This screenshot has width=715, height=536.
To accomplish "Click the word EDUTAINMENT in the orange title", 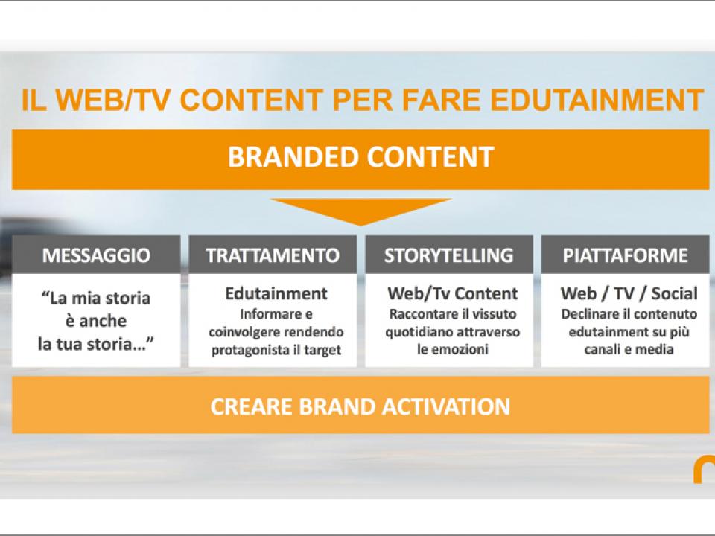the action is (x=597, y=100).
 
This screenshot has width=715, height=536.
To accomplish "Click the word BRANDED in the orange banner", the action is (x=293, y=157).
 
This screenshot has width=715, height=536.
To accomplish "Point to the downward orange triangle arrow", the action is (x=360, y=211).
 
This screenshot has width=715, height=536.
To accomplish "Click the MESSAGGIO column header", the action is (x=96, y=255).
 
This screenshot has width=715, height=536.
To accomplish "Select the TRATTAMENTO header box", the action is (x=273, y=255).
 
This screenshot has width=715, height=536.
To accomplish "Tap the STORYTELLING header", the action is (x=449, y=255).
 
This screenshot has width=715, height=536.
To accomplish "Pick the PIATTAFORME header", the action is (x=625, y=255).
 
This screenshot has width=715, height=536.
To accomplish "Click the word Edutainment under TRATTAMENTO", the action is (x=276, y=293).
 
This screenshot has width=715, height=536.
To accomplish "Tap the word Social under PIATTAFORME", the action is (x=675, y=293).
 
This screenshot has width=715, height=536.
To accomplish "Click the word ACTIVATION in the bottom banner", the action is (x=446, y=406).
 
